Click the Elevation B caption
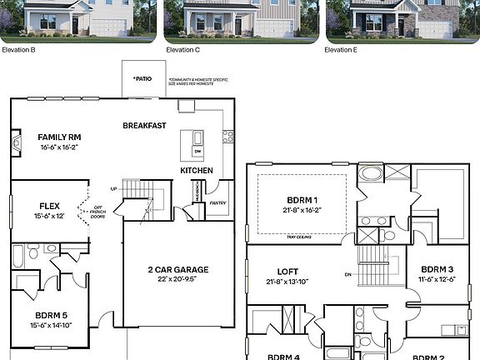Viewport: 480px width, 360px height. [17, 50]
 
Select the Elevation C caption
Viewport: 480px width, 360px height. [183, 50]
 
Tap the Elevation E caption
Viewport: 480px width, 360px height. [341, 50]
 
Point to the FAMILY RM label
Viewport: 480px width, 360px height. [58, 137]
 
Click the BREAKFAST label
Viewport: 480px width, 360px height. [144, 126]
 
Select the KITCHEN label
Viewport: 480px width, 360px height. [197, 171]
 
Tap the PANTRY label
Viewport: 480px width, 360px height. [217, 202]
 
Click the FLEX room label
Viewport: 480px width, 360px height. [49, 205]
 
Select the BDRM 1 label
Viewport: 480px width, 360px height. [302, 200]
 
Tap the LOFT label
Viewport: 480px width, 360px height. [288, 272]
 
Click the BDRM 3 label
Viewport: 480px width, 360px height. [437, 269]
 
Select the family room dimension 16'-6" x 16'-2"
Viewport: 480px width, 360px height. [58, 147]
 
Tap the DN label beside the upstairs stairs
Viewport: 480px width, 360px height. [348, 273]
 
